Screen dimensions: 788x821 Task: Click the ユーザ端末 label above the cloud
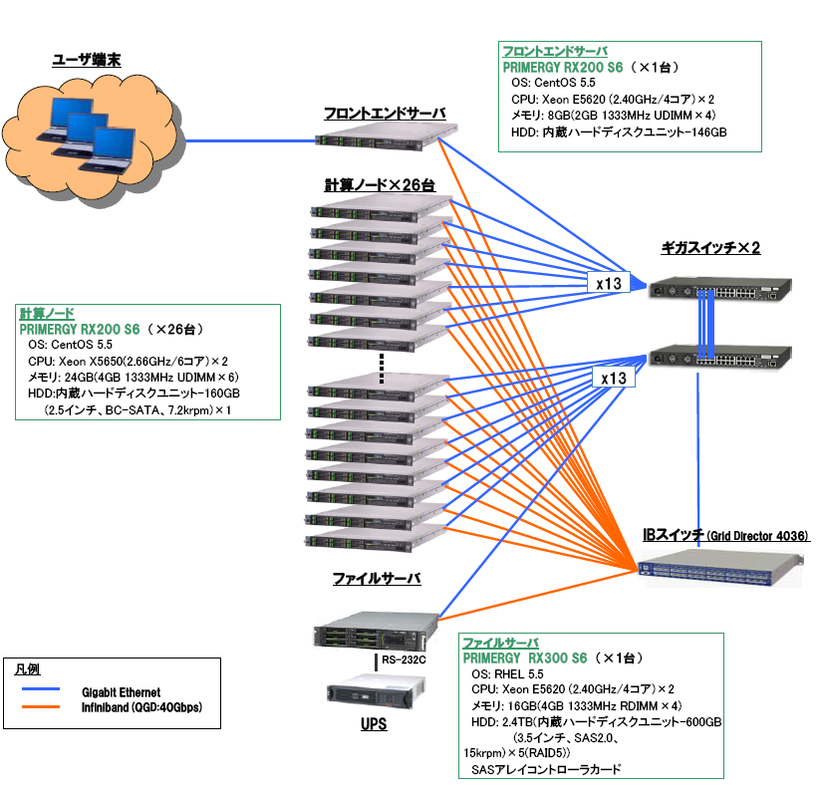(87, 60)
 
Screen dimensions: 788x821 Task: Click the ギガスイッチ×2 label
(710, 248)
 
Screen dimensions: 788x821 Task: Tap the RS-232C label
(404, 659)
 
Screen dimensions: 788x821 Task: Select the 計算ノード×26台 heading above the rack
(380, 186)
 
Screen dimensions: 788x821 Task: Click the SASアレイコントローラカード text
(546, 769)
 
